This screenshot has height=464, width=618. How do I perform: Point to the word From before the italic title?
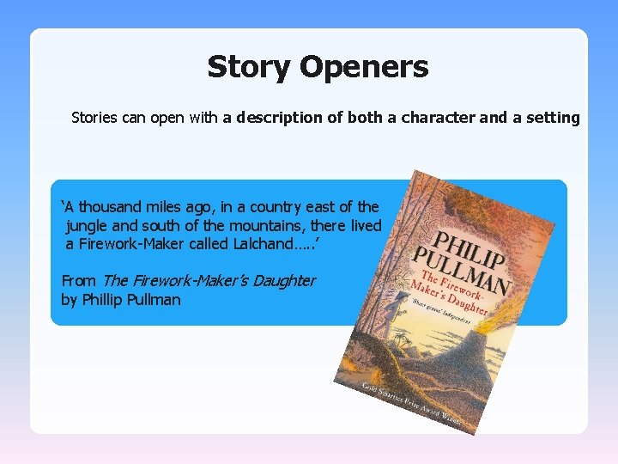[79, 280]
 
